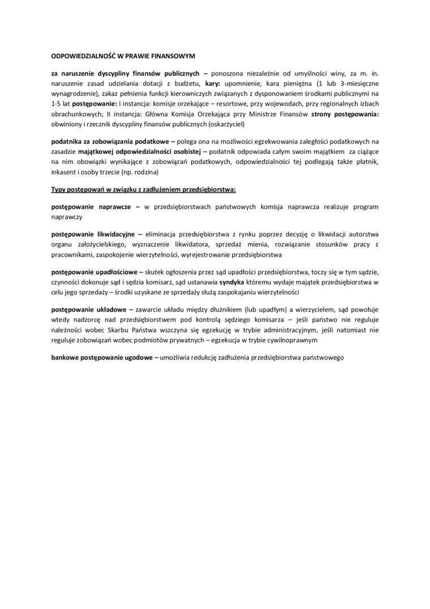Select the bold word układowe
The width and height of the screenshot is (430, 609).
[x=111, y=310]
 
